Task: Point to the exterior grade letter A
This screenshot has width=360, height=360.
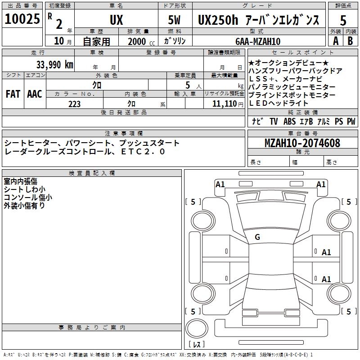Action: [x=335, y=40]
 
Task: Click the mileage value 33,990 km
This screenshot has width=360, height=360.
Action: [x=55, y=64]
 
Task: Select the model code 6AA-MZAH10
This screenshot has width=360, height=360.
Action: [x=258, y=41]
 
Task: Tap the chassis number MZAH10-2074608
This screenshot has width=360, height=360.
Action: [x=302, y=143]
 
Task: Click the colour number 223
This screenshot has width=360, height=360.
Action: [x=74, y=104]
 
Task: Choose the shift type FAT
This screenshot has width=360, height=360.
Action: [x=13, y=94]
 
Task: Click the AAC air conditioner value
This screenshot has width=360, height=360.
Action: [x=35, y=94]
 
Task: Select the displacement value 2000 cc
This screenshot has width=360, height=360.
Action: [x=139, y=41]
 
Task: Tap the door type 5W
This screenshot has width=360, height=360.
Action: [x=175, y=20]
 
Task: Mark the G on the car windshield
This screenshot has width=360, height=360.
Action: [x=257, y=237]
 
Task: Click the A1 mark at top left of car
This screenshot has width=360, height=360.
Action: [x=220, y=184]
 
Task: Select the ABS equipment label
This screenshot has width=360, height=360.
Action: [x=290, y=121]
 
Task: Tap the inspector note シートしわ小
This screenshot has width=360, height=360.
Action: [x=25, y=189]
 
